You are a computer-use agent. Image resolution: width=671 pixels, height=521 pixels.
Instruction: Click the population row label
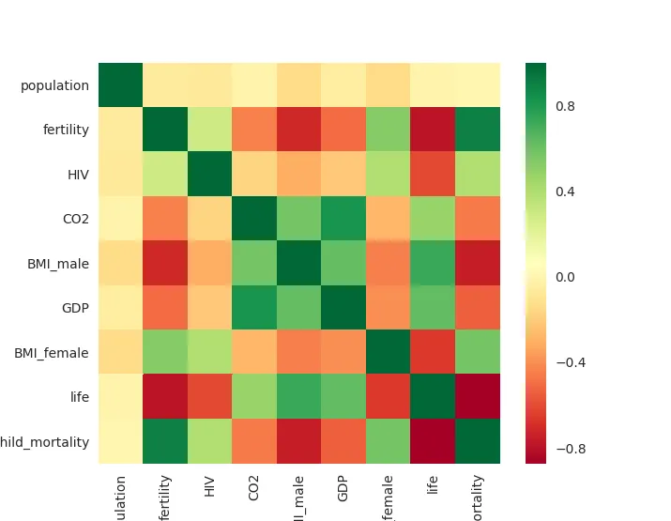coord(54,85)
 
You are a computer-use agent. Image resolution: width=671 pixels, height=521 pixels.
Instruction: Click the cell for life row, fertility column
coord(165,397)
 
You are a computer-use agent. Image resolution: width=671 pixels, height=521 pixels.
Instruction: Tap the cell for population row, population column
coord(121,85)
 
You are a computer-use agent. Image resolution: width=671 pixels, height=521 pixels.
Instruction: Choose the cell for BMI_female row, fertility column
coord(165,353)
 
